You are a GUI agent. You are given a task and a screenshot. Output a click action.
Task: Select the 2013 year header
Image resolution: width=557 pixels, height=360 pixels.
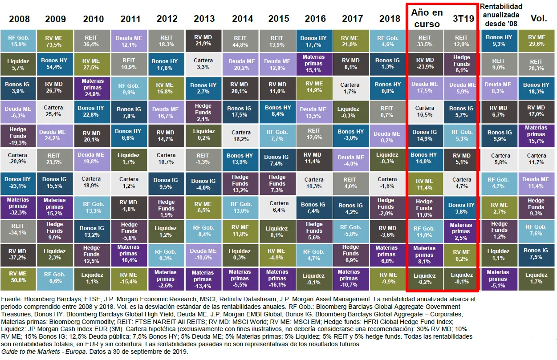(204, 19)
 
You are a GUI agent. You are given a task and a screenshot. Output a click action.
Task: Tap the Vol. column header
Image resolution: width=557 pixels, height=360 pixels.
(539, 19)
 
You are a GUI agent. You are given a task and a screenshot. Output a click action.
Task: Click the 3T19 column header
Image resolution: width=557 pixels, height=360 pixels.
(463, 19)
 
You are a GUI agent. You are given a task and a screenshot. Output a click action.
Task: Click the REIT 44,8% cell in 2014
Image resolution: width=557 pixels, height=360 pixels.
(240, 41)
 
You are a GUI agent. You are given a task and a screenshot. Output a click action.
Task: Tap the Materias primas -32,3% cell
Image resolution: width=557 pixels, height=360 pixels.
(17, 206)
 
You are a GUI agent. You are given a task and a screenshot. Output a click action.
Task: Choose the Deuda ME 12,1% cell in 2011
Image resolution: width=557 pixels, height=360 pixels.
(129, 41)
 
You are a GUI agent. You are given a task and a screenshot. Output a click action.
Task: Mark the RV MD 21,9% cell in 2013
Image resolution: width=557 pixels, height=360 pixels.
(203, 41)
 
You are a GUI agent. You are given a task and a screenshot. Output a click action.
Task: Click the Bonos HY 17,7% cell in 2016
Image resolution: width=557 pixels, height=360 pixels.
(314, 41)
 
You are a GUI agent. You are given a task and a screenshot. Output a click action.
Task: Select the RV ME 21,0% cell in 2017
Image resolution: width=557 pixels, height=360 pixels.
(350, 41)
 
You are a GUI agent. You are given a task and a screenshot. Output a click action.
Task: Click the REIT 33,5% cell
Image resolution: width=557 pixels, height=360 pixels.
(424, 41)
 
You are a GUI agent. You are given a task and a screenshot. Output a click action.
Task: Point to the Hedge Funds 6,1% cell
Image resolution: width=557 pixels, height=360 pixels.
(461, 64)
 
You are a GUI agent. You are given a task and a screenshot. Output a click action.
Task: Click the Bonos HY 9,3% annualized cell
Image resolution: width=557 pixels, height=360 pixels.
(499, 41)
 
